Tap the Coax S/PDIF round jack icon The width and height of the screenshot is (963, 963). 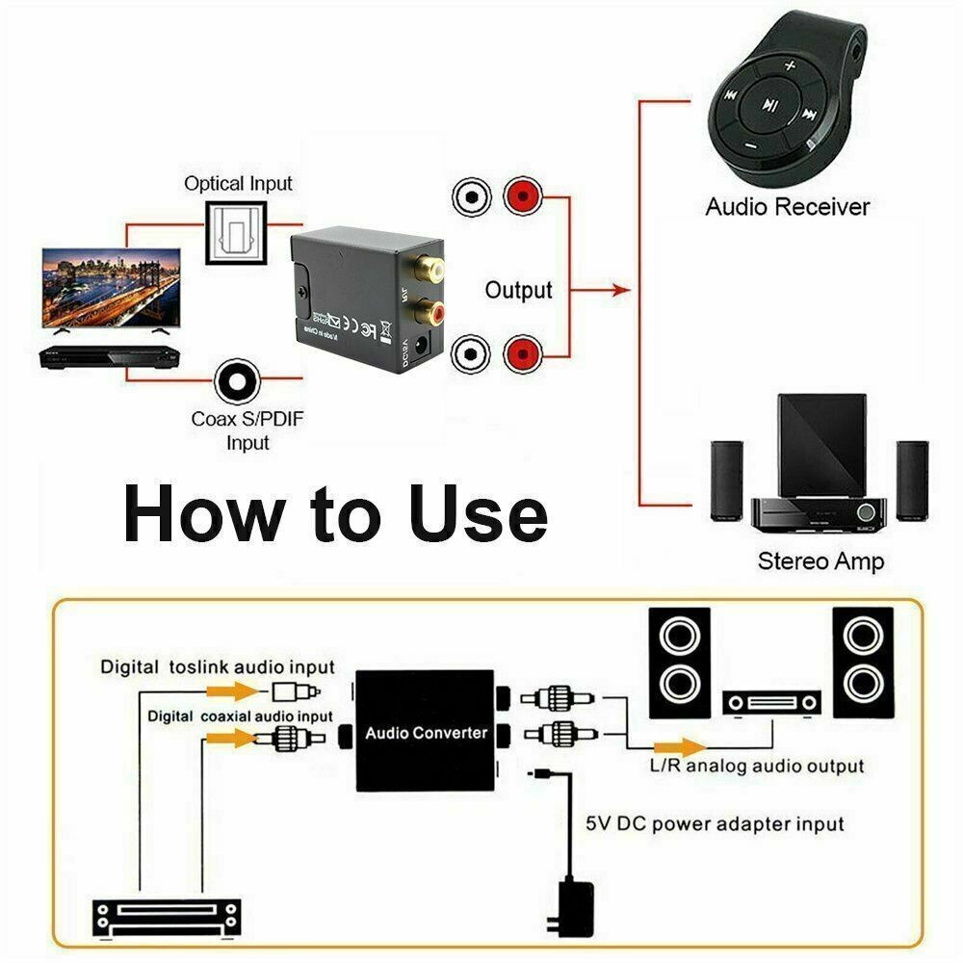pyautogui.click(x=235, y=383)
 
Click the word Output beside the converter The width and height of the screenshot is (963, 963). pyautogui.click(x=518, y=290)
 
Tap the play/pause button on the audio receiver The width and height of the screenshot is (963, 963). pyautogui.click(x=768, y=104)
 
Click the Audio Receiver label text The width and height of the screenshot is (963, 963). pyautogui.click(x=787, y=206)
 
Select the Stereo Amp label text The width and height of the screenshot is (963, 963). pyautogui.click(x=820, y=560)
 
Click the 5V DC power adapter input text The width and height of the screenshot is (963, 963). pyautogui.click(x=715, y=824)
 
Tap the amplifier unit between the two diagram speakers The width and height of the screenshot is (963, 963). pyautogui.click(x=772, y=704)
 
